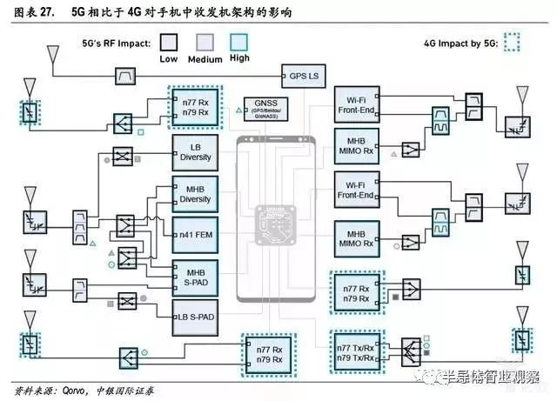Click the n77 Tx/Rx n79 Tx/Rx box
point(356,350)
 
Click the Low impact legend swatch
point(170,43)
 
